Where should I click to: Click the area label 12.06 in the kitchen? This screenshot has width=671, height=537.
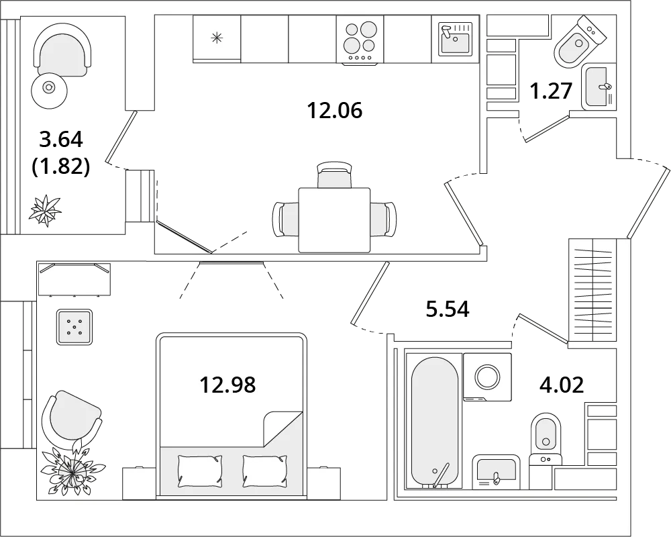coord(335,111)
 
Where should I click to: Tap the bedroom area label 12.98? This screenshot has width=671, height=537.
coord(227,385)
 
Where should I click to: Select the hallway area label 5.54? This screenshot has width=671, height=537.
coord(448,309)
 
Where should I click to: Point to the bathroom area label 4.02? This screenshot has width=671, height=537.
coord(562,385)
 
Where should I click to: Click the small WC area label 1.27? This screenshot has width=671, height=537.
coord(551,91)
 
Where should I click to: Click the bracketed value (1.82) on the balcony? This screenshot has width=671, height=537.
coord(61,166)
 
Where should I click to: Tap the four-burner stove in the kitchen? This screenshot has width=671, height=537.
coord(360,40)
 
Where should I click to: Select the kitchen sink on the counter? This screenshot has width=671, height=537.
coord(455,39)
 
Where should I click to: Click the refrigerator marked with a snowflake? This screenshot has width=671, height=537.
coord(217,38)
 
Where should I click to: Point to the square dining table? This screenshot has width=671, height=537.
coord(334,220)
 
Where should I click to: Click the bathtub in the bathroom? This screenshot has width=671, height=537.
coord(434,421)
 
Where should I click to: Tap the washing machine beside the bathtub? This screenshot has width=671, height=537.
coord(487,377)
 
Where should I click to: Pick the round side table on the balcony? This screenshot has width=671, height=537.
coord(49,88)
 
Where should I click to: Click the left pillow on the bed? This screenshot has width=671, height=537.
coord(200,471)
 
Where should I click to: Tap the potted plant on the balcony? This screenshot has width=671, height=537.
coord(44,210)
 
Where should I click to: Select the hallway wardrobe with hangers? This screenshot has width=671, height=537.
coord(592,290)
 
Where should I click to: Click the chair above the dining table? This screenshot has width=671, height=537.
coord(335,175)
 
